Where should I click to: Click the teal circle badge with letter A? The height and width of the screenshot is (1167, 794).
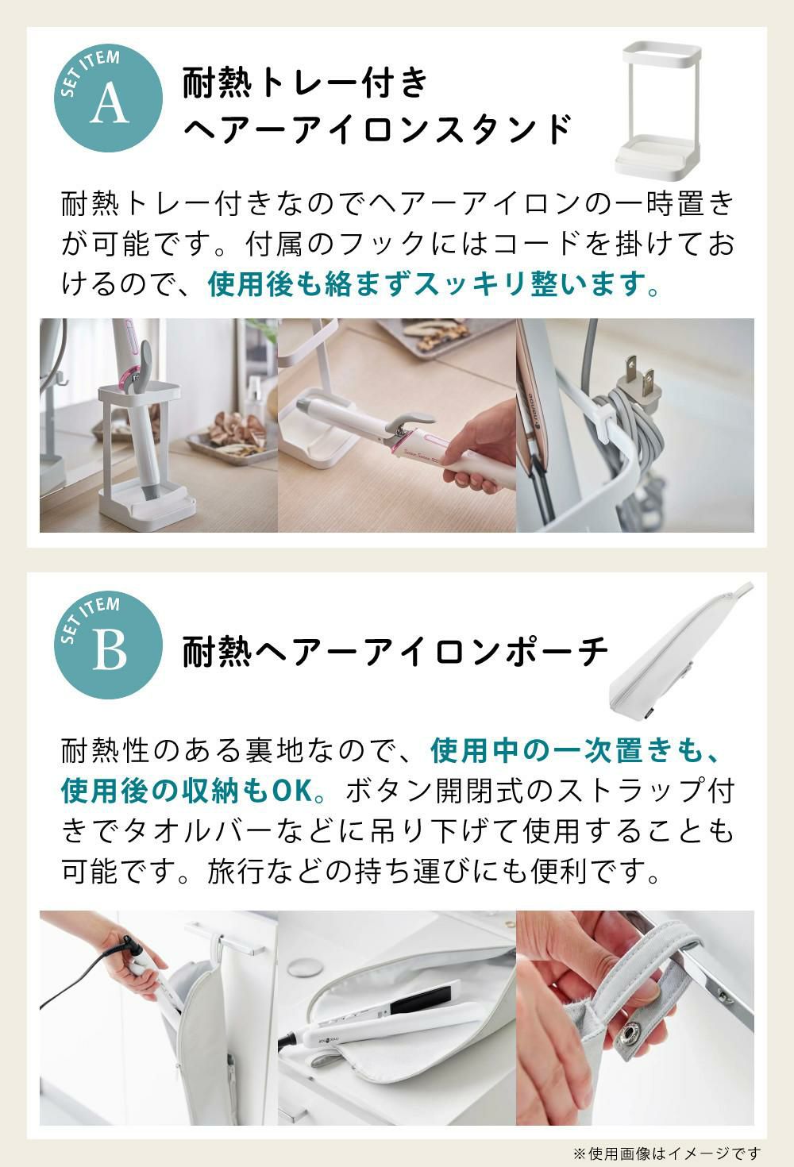click(x=108, y=98)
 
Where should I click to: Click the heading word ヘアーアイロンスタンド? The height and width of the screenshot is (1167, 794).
click(x=377, y=129)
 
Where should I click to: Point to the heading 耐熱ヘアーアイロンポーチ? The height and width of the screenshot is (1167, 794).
click(x=395, y=651)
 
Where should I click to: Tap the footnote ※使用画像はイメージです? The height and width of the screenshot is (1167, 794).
click(x=667, y=1154)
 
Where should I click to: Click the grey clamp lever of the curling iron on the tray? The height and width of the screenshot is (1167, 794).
click(x=411, y=420)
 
